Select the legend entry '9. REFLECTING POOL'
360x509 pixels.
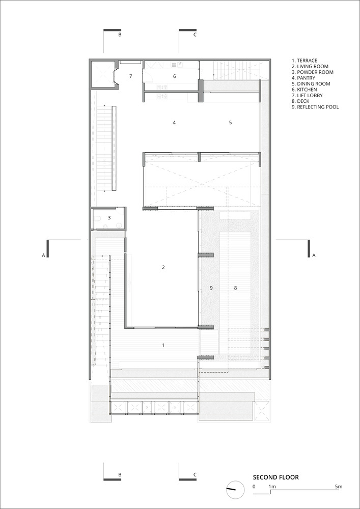(x=315, y=107)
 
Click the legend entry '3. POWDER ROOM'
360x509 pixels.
(x=313, y=72)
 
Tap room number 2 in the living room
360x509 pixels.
(x=163, y=268)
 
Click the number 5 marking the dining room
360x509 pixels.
(x=231, y=122)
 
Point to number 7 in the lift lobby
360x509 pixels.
(x=130, y=76)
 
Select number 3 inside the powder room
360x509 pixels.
(x=109, y=218)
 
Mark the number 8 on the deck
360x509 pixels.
(x=236, y=288)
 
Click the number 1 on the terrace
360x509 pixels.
(x=163, y=346)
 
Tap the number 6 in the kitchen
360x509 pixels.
(x=174, y=76)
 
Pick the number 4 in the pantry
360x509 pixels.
(x=174, y=122)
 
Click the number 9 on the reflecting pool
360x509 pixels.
(x=211, y=288)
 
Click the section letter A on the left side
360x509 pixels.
(x=43, y=256)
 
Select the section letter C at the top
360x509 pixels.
(x=195, y=35)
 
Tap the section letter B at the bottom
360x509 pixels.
(x=120, y=474)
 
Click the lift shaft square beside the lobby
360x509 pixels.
(x=102, y=74)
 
